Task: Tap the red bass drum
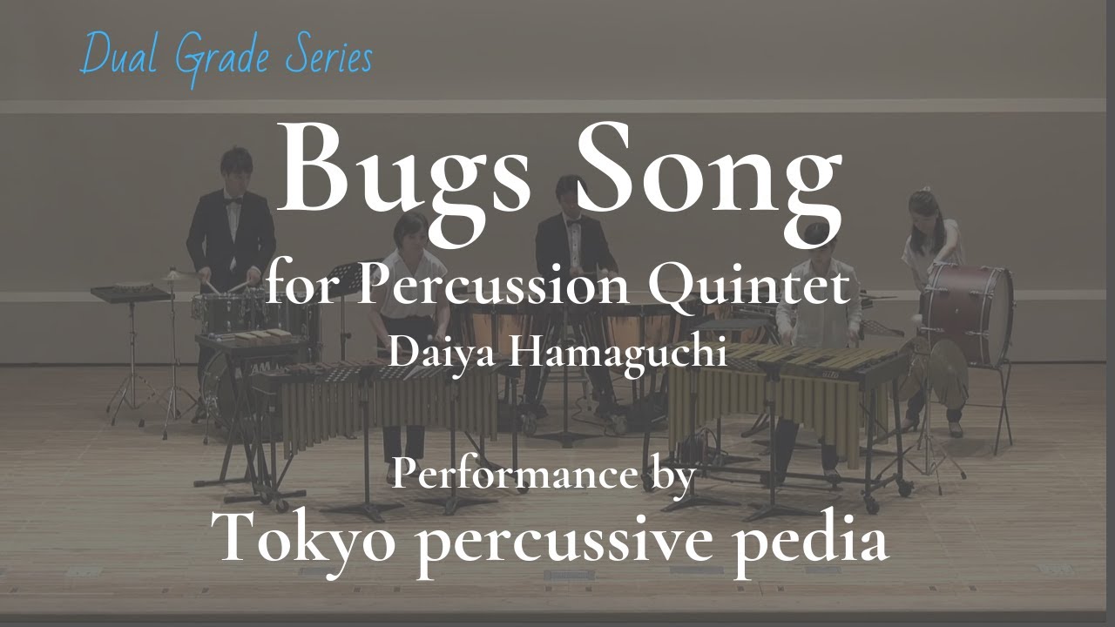coord(967,313)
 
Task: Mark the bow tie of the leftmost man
coord(233,201)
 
